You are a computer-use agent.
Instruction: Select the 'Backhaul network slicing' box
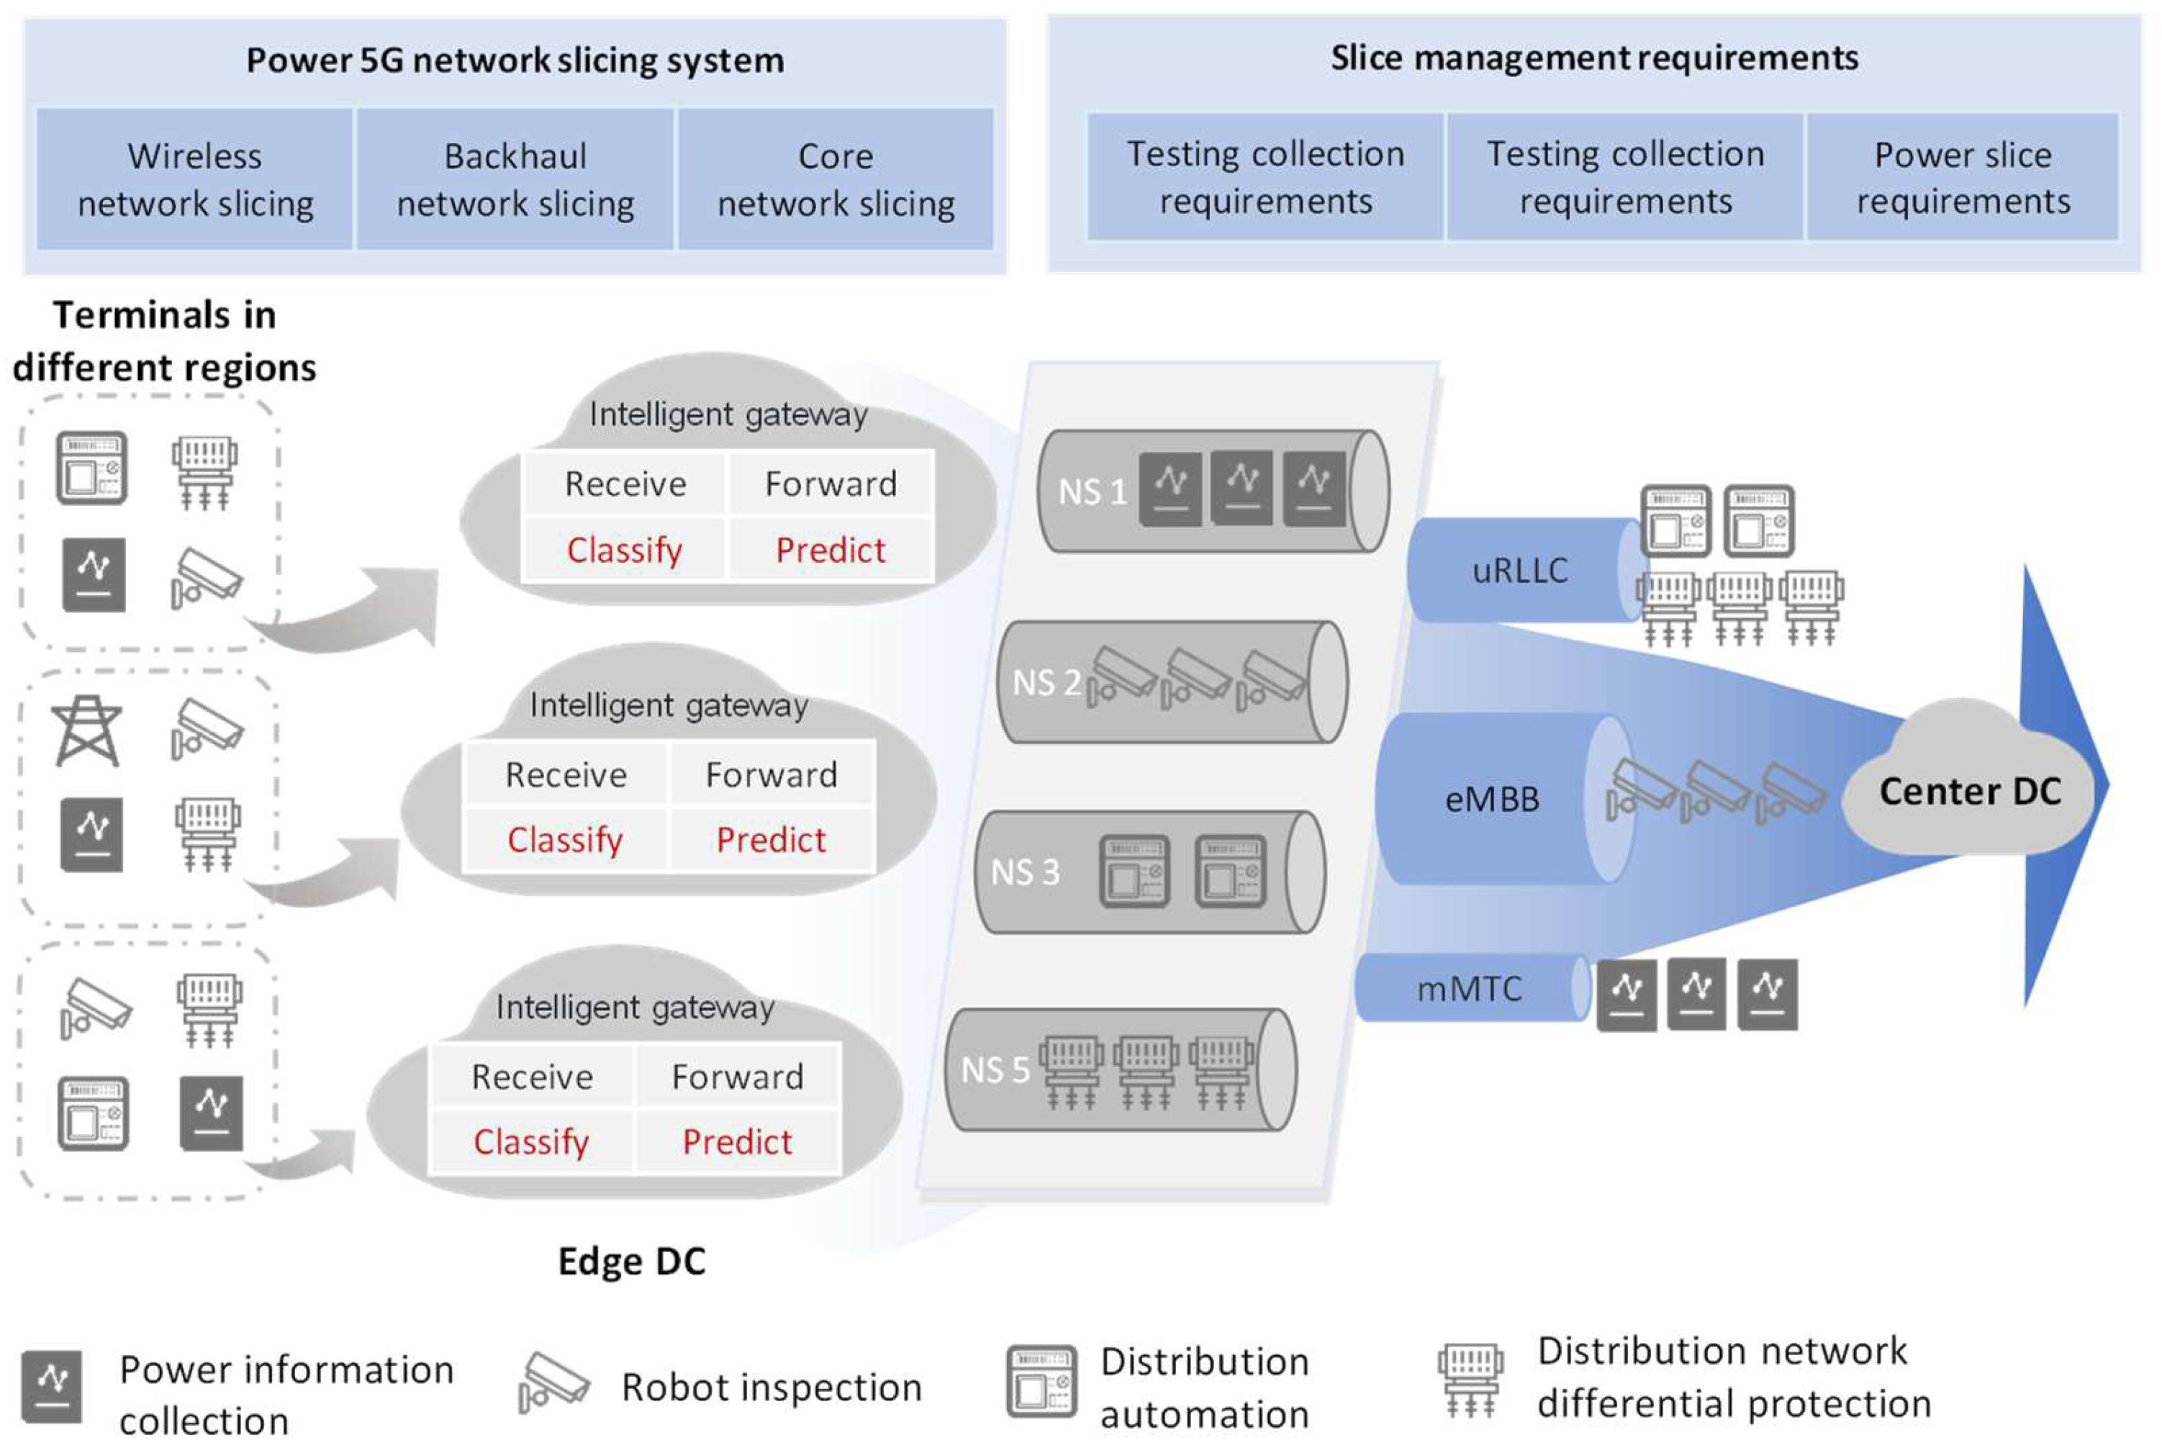pyautogui.click(x=515, y=179)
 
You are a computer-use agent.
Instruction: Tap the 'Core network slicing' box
pyautogui.click(x=836, y=179)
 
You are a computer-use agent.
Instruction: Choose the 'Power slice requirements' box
pyautogui.click(x=1962, y=177)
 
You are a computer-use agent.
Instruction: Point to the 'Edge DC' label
pyautogui.click(x=632, y=1261)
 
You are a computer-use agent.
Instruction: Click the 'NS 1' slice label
pyautogui.click(x=1092, y=491)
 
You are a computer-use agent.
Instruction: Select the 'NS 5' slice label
pyautogui.click(x=995, y=1070)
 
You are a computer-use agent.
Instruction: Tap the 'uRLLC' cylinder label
pyautogui.click(x=1520, y=571)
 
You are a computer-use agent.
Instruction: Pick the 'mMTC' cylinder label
pyautogui.click(x=1470, y=989)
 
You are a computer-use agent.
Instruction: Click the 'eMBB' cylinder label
pyautogui.click(x=1492, y=799)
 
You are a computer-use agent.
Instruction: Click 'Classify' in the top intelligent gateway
pyautogui.click(x=625, y=551)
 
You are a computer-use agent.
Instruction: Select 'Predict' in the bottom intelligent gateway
pyautogui.click(x=737, y=1141)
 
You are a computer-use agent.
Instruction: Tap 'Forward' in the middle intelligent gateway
pyautogui.click(x=771, y=774)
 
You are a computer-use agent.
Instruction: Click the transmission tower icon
pyautogui.click(x=87, y=731)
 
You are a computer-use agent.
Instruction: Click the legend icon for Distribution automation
pyautogui.click(x=1041, y=1382)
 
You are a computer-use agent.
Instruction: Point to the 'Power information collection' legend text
pyautogui.click(x=286, y=1395)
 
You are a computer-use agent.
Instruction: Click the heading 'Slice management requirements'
pyautogui.click(x=1594, y=58)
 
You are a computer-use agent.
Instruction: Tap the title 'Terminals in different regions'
pyautogui.click(x=164, y=341)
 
